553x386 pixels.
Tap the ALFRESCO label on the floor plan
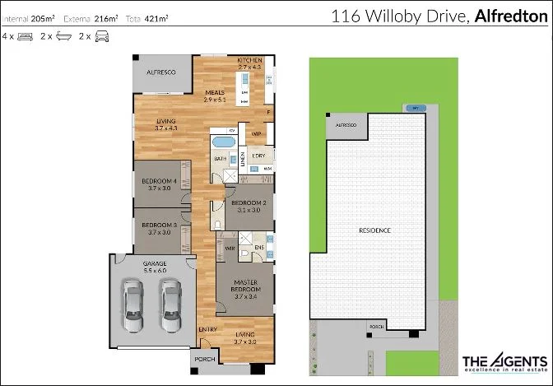coord(162,73)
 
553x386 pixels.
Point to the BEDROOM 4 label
coord(159,184)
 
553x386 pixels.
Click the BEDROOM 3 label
coord(159,228)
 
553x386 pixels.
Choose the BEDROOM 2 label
coord(248,206)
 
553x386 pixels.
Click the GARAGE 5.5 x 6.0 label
coord(156,267)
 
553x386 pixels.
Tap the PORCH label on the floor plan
coord(203,360)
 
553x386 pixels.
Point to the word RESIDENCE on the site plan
coord(374,230)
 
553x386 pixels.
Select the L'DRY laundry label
coord(258,155)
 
